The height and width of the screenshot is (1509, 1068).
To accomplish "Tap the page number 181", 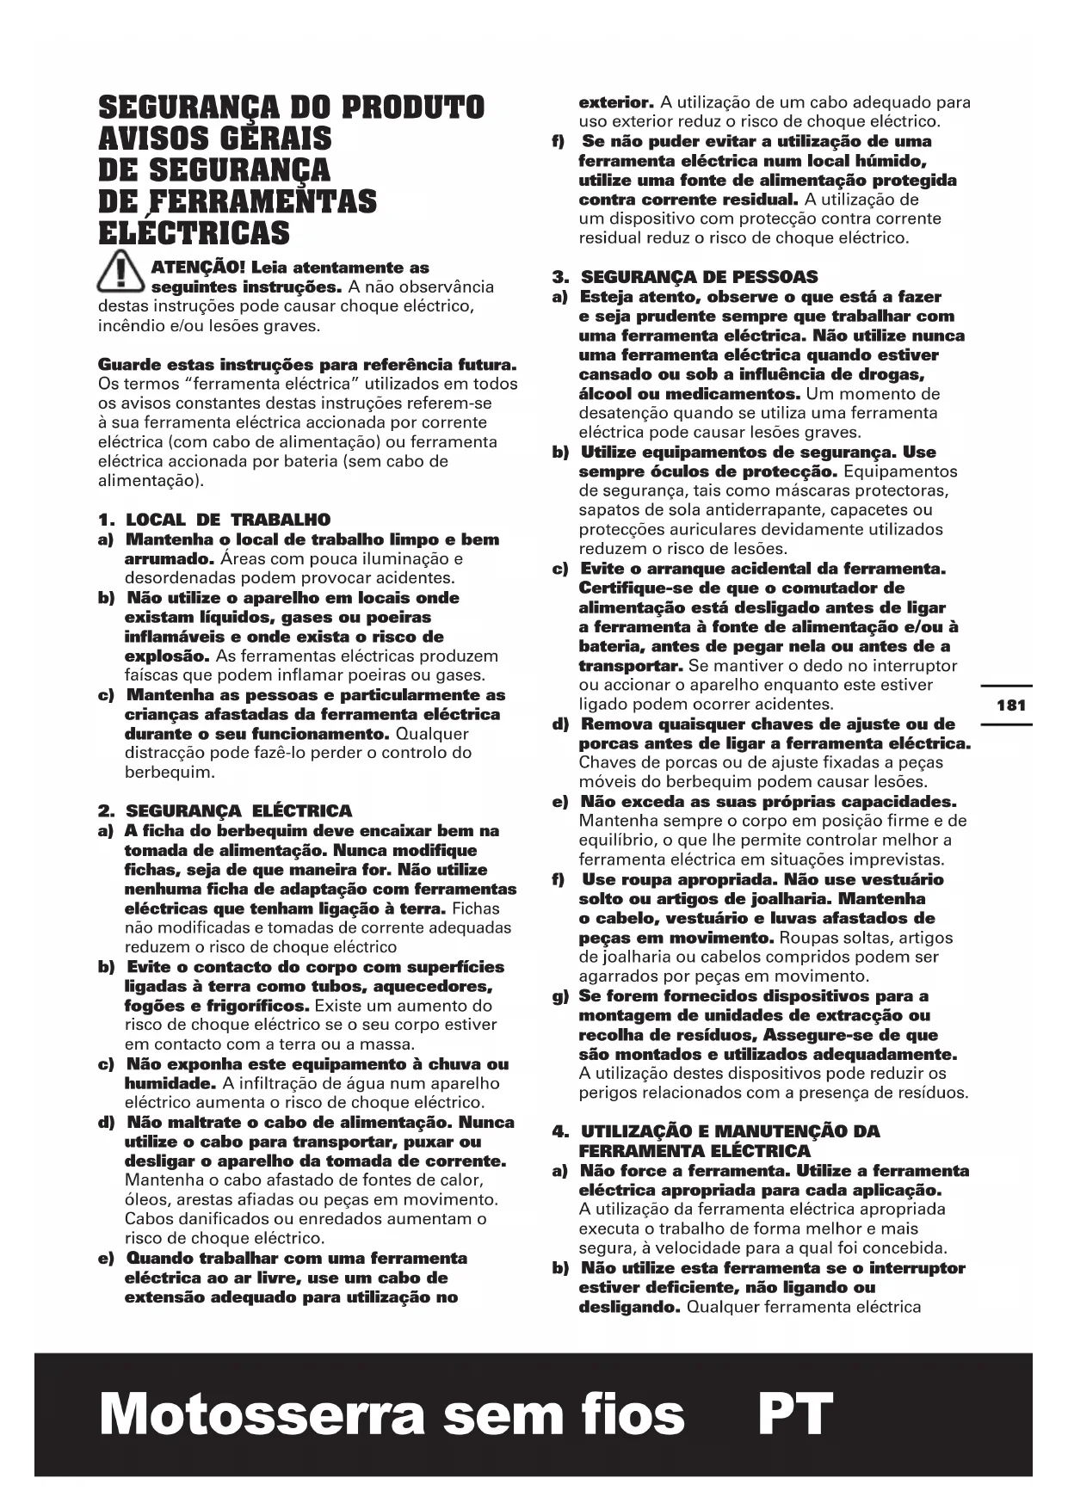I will (x=1010, y=705).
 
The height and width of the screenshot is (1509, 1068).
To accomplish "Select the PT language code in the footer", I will (x=795, y=1415).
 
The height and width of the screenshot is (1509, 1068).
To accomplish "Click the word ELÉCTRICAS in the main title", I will (x=194, y=233).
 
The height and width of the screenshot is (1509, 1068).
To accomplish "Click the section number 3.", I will (x=559, y=277).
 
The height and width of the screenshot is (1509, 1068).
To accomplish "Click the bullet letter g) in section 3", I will (x=560, y=996).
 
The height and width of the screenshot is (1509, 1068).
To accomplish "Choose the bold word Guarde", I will (x=129, y=365).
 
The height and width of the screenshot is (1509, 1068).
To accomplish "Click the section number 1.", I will (x=106, y=520).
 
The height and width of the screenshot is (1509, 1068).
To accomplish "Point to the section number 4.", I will (x=559, y=1131).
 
